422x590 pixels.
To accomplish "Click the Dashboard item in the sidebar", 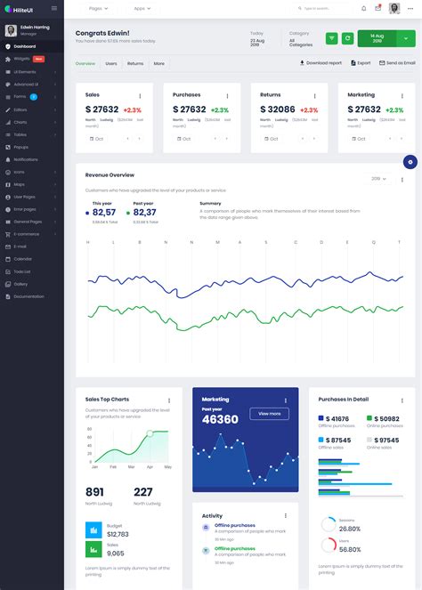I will (25, 45).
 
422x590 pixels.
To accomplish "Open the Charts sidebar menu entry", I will (20, 122).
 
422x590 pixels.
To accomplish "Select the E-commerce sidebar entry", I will (27, 233).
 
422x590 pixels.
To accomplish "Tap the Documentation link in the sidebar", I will (28, 296).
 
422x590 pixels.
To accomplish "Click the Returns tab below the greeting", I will (135, 64).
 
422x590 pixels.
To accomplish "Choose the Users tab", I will (111, 64).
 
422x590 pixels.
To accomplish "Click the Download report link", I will (321, 63).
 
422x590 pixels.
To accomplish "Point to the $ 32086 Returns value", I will (277, 109).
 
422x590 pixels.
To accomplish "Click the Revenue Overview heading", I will (110, 174).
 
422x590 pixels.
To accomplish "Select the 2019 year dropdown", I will (378, 179).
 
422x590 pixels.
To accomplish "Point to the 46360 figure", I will (220, 419).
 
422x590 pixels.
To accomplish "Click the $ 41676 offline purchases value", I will (337, 418).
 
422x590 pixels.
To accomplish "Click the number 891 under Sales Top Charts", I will (94, 492).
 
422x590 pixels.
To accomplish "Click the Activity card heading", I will (212, 515).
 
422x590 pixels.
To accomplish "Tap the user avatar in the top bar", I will (394, 8).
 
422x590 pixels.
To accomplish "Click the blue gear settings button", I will (410, 161).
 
